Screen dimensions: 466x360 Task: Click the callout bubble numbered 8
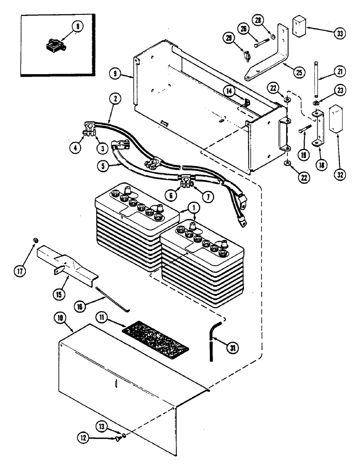[78, 27]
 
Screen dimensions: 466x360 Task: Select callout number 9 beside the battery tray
[114, 73]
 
